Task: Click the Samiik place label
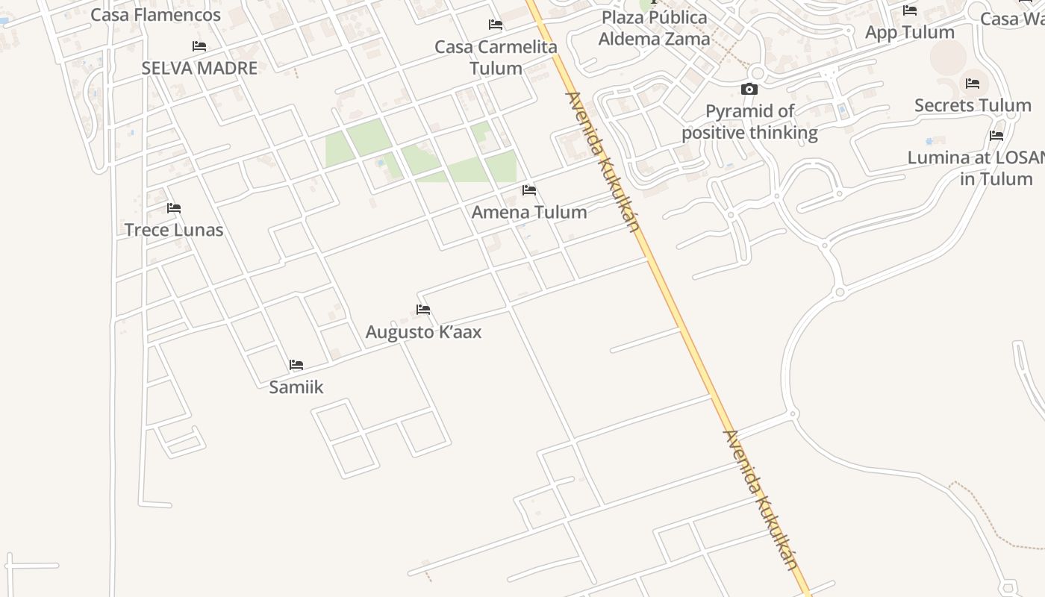click(x=296, y=387)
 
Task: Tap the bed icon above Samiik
click(x=296, y=365)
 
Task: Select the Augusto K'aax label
click(x=423, y=331)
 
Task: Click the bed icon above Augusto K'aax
click(x=423, y=309)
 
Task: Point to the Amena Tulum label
click(x=529, y=212)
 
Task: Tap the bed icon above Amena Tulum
click(x=529, y=190)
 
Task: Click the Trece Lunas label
click(x=174, y=230)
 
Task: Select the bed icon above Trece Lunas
click(x=174, y=207)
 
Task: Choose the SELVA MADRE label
click(x=199, y=68)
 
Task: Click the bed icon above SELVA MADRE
click(x=199, y=46)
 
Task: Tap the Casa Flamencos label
click(x=155, y=15)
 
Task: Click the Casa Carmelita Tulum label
click(x=496, y=57)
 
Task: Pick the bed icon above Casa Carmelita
click(x=496, y=25)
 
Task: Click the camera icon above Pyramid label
click(x=749, y=90)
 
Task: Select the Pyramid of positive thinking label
click(x=749, y=122)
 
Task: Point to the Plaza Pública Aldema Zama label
click(x=654, y=28)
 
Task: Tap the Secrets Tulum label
click(x=973, y=105)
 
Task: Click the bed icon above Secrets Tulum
click(x=973, y=84)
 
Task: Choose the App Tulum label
click(x=909, y=32)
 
